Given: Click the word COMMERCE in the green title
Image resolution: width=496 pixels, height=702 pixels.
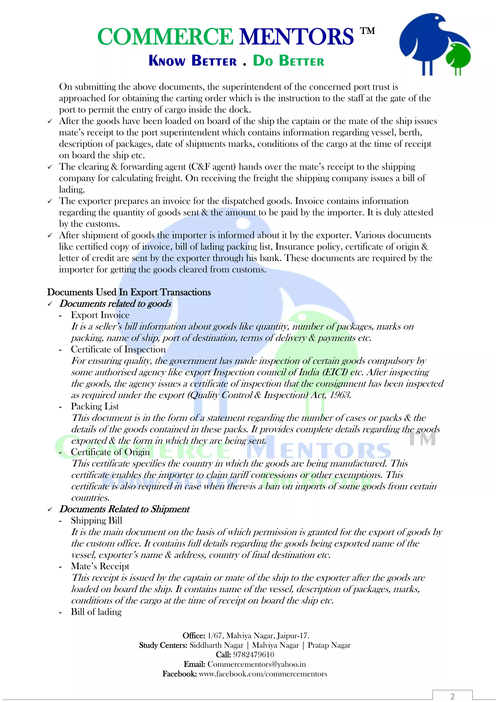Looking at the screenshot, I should pyautogui.click(x=165, y=37).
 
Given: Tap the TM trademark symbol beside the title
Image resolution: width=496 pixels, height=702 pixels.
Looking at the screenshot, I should pyautogui.click(x=367, y=31).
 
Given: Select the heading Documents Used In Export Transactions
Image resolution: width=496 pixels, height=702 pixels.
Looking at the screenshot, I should pyautogui.click(x=129, y=292).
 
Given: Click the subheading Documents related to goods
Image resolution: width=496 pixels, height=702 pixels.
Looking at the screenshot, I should pyautogui.click(x=115, y=303).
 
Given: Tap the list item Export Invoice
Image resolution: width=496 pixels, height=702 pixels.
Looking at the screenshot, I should pyautogui.click(x=100, y=315).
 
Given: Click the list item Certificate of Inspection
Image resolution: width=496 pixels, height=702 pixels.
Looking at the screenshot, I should pyautogui.click(x=118, y=349).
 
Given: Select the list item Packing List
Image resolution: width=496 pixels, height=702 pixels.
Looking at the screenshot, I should pyautogui.click(x=95, y=406).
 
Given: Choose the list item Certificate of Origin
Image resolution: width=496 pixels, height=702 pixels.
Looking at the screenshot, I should pyautogui.click(x=110, y=452).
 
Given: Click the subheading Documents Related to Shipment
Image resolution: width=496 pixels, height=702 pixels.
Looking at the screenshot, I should pyautogui.click(x=124, y=509).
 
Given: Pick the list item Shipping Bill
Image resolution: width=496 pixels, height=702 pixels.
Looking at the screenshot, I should pyautogui.click(x=97, y=520).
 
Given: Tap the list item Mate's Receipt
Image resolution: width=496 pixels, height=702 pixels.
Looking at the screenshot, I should pyautogui.click(x=100, y=566).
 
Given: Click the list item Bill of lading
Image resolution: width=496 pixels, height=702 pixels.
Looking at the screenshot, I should pyautogui.click(x=96, y=612).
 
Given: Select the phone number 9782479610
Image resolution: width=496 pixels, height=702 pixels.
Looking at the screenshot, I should pyautogui.click(x=254, y=654).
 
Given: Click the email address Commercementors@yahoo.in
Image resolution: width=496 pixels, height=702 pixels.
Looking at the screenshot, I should pyautogui.click(x=256, y=664).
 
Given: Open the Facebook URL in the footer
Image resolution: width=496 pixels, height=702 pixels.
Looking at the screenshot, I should pyautogui.click(x=263, y=674).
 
